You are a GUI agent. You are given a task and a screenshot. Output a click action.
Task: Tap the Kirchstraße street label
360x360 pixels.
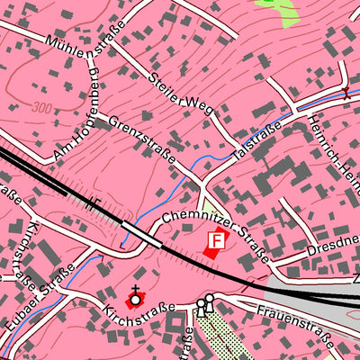tap(134, 321)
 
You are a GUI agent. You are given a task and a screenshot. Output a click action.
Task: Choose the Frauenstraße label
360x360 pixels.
tap(294, 325)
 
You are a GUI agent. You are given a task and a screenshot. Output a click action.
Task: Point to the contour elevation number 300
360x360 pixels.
tap(40, 107)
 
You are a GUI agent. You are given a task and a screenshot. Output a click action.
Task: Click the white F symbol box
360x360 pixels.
tap(216, 240)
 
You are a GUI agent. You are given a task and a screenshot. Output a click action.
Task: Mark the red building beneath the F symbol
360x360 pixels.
tap(211, 254)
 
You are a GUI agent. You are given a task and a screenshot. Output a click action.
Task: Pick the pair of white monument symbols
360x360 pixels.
tap(205, 304)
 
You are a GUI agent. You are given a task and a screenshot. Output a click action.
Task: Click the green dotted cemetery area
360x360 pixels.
tap(220, 338)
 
